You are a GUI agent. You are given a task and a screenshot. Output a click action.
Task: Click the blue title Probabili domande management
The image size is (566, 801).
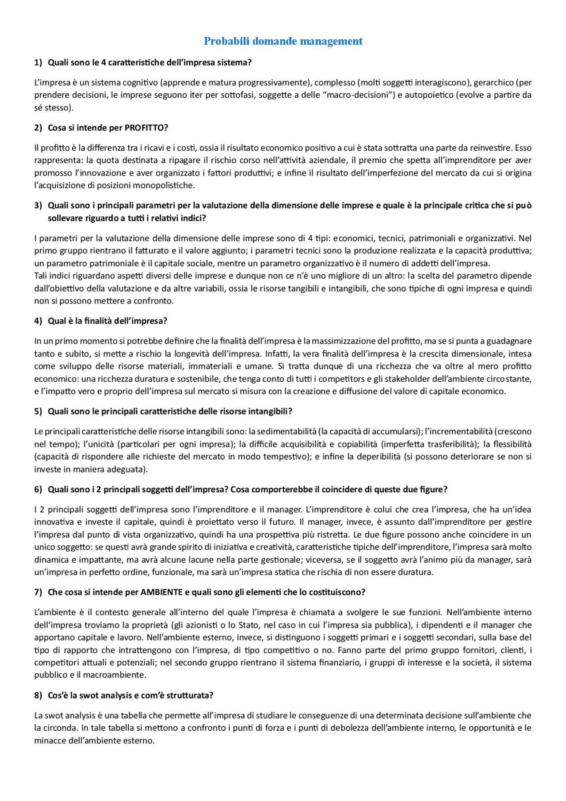pos(283,41)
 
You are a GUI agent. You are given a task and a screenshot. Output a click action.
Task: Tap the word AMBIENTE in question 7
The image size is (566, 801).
pos(161,592)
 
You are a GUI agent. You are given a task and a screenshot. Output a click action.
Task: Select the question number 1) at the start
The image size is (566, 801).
pos(38,62)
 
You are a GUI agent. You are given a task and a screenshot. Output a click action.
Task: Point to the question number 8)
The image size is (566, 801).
pos(38,695)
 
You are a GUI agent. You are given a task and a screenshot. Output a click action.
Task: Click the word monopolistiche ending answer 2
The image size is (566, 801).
pos(165,185)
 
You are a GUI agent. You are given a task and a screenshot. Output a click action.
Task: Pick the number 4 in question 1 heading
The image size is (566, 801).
pos(103,62)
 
